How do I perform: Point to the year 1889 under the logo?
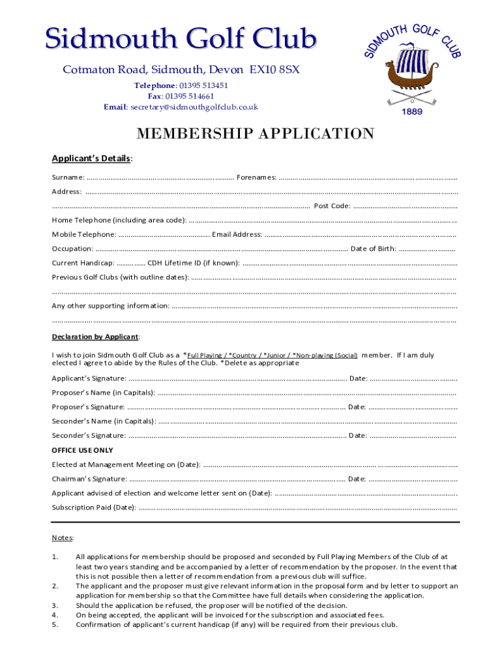[412, 112]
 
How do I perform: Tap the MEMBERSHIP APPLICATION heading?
[255, 134]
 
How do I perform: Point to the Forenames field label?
[256, 177]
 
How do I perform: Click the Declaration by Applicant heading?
[95, 337]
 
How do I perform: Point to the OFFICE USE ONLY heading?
[82, 450]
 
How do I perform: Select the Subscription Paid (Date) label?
[94, 508]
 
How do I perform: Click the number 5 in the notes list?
[55, 624]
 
